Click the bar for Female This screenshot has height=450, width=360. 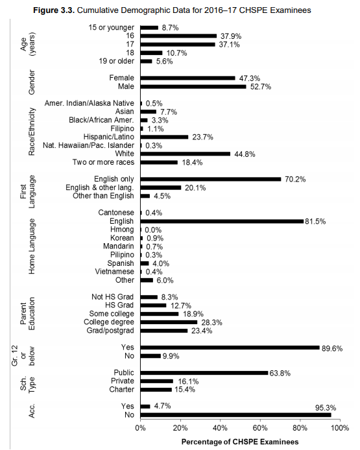187,78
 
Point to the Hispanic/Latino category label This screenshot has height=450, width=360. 108,137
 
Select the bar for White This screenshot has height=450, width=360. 185,154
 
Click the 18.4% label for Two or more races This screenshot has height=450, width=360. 191,162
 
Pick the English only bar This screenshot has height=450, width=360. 210,179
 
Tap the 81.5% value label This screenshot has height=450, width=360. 317,221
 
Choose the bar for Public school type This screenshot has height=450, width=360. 204,373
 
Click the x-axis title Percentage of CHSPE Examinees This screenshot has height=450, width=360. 236,442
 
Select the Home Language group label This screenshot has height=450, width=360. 31,246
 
